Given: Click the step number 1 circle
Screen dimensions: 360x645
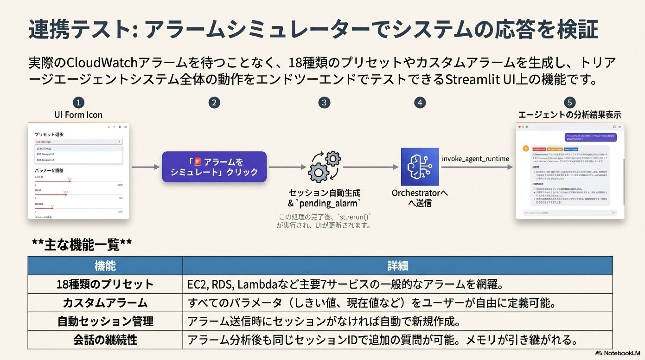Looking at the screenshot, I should pyautogui.click(x=78, y=102).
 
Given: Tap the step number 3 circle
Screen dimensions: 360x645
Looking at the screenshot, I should pyautogui.click(x=324, y=102).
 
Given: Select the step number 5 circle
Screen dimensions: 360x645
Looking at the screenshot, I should pyautogui.click(x=569, y=102).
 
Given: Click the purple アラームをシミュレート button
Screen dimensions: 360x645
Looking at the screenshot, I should pyautogui.click(x=214, y=167).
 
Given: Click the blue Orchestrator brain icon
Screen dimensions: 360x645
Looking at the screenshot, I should pyautogui.click(x=420, y=167).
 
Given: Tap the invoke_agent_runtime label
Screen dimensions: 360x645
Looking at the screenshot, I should pyautogui.click(x=475, y=159).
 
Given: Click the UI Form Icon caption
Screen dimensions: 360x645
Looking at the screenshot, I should pyautogui.click(x=78, y=115).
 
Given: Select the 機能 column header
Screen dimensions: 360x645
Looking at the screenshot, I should pyautogui.click(x=105, y=266).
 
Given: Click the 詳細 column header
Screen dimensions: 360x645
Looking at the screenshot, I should pyautogui.click(x=397, y=266).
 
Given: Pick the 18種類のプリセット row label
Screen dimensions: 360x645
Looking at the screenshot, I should pyautogui.click(x=105, y=284).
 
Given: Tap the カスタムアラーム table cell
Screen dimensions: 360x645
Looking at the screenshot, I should pyautogui.click(x=105, y=303).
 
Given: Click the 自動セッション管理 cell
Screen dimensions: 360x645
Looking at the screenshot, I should pyautogui.click(x=105, y=321).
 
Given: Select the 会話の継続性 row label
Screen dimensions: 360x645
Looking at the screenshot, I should pyautogui.click(x=105, y=340).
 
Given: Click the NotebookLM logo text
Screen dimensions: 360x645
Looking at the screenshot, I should pyautogui.click(x=621, y=353).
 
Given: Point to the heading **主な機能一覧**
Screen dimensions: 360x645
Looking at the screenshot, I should pyautogui.click(x=82, y=244).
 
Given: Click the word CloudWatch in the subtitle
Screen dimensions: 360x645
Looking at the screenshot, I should pyautogui.click(x=102, y=63).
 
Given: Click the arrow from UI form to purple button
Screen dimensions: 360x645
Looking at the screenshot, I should pyautogui.click(x=145, y=167).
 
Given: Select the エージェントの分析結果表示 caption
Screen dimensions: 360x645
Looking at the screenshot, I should pyautogui.click(x=569, y=115).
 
